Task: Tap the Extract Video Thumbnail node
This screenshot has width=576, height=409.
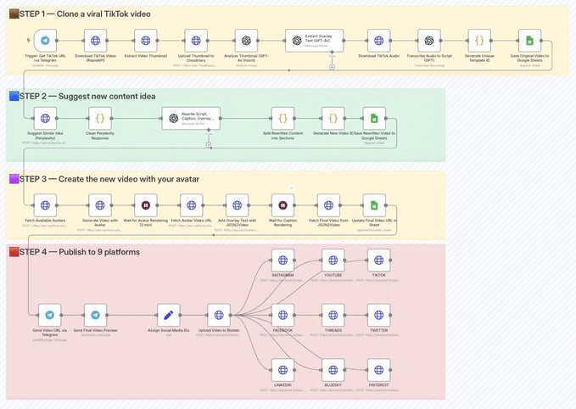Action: click(x=146, y=40)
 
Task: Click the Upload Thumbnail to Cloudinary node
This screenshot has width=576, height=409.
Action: click(x=196, y=40)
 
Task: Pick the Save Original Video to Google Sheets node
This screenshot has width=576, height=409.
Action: click(x=528, y=40)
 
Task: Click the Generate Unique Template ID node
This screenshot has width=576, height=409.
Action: click(x=478, y=40)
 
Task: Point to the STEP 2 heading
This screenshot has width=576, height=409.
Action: click(x=85, y=96)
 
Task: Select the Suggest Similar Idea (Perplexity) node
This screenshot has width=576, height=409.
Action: click(x=46, y=119)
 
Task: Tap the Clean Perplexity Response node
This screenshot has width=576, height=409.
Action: click(x=101, y=119)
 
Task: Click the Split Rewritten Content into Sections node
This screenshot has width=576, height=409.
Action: click(x=282, y=119)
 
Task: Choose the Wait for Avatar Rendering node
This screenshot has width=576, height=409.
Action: click(x=146, y=204)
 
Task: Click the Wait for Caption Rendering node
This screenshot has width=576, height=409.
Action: click(x=282, y=204)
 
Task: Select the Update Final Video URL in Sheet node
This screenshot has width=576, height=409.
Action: click(x=374, y=204)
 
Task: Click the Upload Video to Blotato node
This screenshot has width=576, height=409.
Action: click(x=219, y=315)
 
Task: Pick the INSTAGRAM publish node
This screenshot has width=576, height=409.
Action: click(x=282, y=260)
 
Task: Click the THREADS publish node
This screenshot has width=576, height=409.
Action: click(x=333, y=315)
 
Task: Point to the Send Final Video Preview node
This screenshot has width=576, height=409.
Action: click(x=96, y=315)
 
